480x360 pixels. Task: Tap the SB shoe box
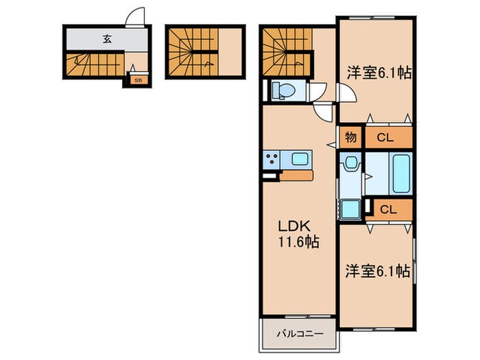(138, 80)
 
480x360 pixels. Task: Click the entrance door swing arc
(137, 16)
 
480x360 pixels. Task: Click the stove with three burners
(271, 159)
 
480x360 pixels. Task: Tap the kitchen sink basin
(299, 159)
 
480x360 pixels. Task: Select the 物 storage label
(350, 137)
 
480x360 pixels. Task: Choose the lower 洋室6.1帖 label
(376, 272)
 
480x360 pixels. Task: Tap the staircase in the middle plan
(193, 51)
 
